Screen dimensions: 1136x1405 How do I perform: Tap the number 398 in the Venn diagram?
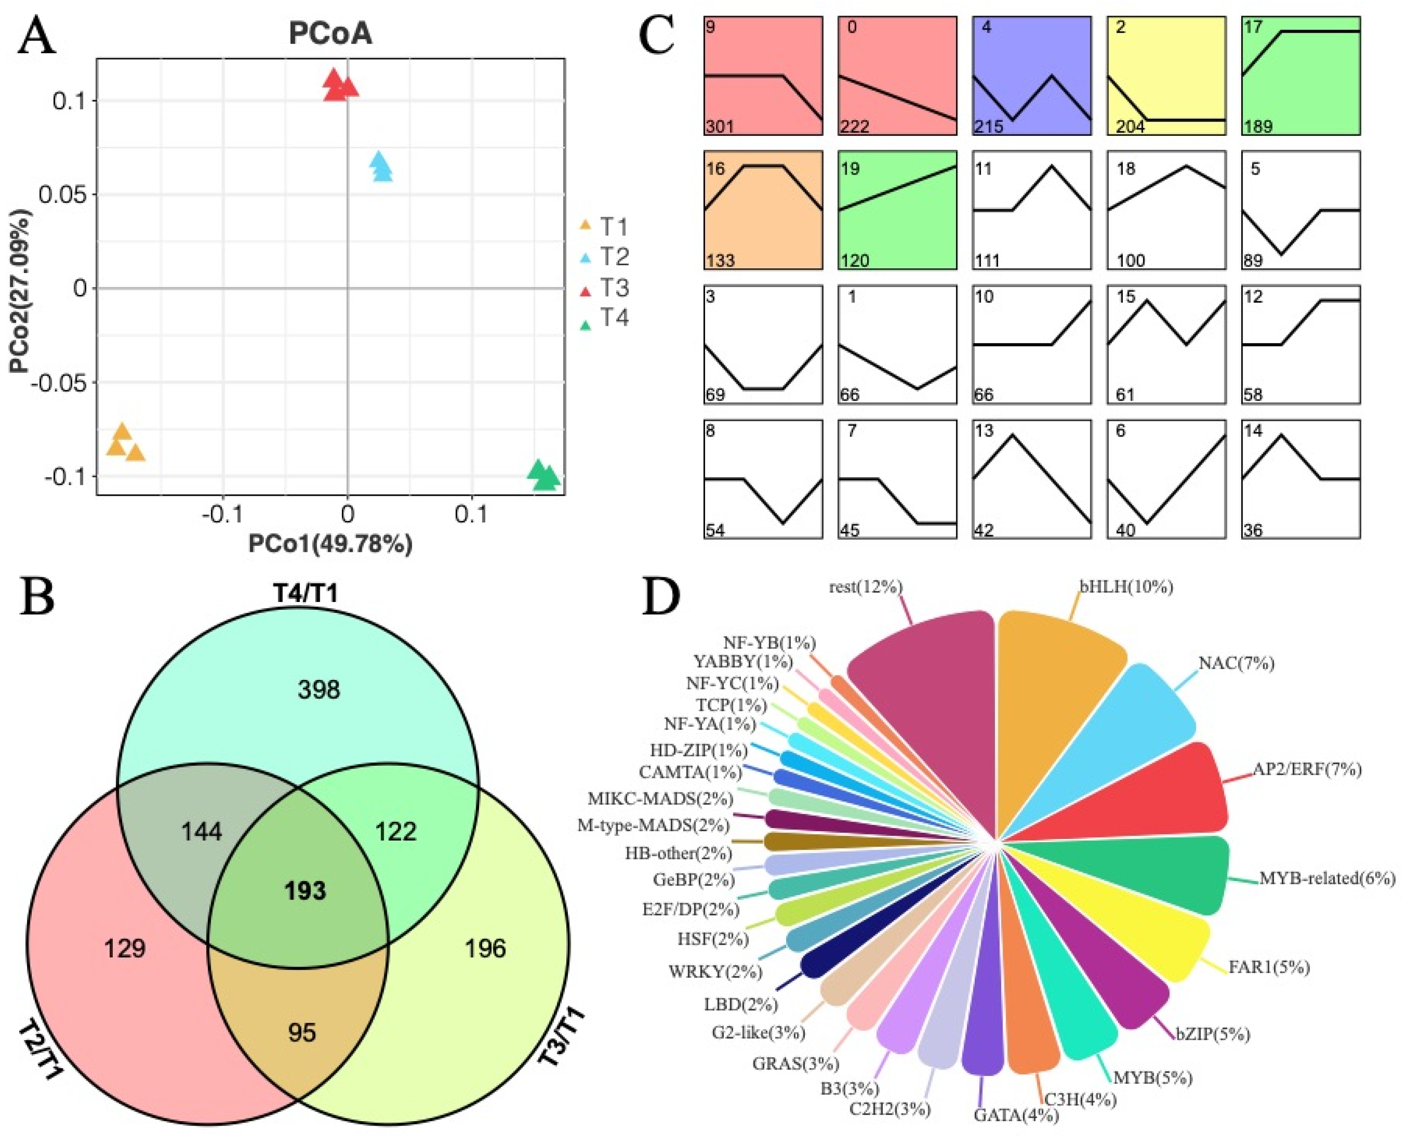pyautogui.click(x=319, y=690)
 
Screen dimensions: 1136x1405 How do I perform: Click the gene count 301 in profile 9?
pyautogui.click(x=720, y=125)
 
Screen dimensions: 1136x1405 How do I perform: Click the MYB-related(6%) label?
pyautogui.click(x=1327, y=878)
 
